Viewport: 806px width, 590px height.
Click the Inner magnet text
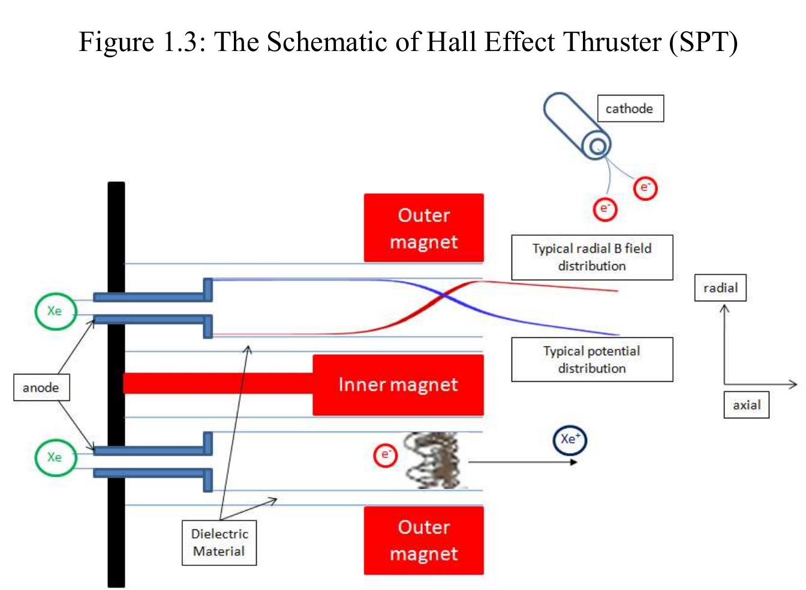(398, 384)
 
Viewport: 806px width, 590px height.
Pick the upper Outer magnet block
(423, 227)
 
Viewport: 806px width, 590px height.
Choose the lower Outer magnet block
(423, 540)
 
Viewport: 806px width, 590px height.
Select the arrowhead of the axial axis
(793, 384)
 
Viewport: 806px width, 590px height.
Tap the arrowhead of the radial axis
(724, 309)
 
